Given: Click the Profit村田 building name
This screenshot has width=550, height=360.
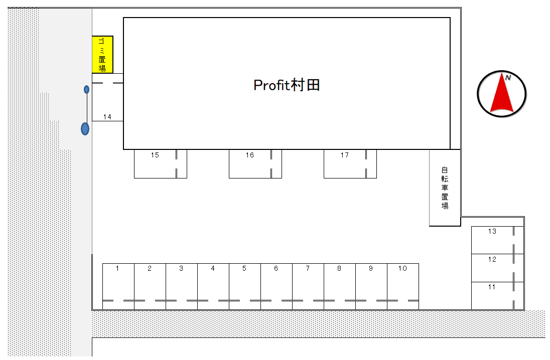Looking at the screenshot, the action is (x=287, y=85).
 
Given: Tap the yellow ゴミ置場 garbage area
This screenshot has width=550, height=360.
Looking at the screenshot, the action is (x=102, y=55).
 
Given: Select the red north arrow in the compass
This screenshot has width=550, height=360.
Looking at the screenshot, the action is (x=502, y=93).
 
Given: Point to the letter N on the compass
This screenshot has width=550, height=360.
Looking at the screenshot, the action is (x=508, y=78).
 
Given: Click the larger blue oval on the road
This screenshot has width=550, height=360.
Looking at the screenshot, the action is (x=85, y=129).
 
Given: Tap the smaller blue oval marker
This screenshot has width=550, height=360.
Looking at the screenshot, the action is (x=87, y=89).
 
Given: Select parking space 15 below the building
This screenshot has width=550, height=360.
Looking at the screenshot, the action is (x=160, y=163).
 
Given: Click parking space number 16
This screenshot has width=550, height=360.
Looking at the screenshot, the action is (x=255, y=163).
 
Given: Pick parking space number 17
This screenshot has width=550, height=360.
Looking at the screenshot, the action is (x=350, y=163).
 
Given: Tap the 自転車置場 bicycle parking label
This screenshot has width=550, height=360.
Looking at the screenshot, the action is (x=445, y=188).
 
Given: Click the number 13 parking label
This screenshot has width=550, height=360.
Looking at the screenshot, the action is (x=492, y=231).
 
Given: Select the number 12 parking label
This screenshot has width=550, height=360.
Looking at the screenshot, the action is (x=492, y=259).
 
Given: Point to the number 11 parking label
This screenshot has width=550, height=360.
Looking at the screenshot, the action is (x=492, y=287).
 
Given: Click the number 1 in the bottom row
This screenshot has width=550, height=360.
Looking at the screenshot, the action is (x=117, y=269).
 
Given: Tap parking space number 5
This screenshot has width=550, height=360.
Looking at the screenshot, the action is (x=245, y=286).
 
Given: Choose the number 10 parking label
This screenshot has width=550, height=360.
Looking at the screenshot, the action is (x=402, y=269).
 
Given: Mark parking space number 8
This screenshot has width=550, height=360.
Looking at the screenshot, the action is (x=340, y=286).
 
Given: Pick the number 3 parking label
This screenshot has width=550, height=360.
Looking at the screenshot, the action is (x=181, y=269).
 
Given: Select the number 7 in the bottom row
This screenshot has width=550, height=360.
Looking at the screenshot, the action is (x=308, y=269).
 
